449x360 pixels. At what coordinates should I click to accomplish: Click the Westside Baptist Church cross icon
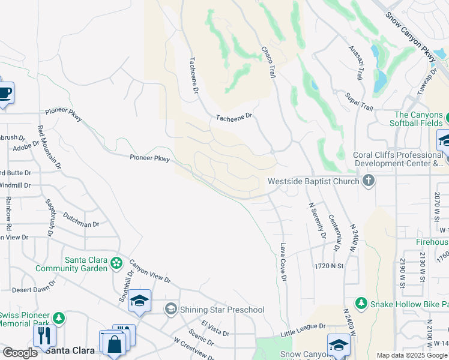(369, 181)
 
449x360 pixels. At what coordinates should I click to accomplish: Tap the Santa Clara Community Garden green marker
(116, 263)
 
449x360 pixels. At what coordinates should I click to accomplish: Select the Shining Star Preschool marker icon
(171, 309)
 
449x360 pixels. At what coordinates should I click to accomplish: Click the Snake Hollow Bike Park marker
(361, 304)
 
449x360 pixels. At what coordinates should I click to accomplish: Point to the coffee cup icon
(5, 93)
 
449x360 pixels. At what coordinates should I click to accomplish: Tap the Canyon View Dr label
(150, 271)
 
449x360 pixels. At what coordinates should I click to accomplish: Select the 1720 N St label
(328, 265)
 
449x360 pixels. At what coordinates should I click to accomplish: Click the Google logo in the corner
(20, 353)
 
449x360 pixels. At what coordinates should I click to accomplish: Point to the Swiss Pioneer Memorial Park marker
(59, 317)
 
